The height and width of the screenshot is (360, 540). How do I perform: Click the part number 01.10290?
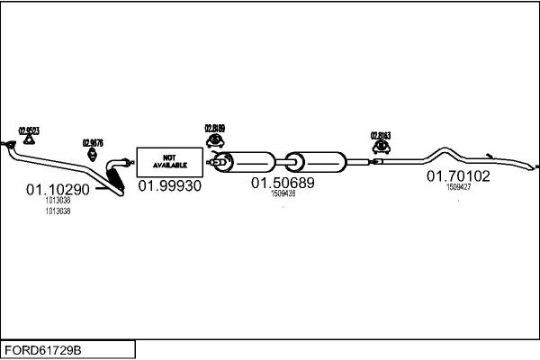tap(58, 190)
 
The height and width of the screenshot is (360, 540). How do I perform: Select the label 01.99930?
tap(169, 185)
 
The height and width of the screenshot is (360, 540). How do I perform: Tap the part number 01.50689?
tap(283, 183)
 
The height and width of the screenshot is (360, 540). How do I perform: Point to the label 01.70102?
tap(458, 176)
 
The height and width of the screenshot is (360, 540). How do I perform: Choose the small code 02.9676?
tap(93, 142)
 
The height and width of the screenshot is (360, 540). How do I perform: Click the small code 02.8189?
tap(215, 128)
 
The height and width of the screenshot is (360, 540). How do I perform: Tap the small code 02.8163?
tap(381, 136)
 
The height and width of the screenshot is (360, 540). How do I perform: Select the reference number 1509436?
tap(283, 193)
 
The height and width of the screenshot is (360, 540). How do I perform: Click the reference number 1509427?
tap(458, 187)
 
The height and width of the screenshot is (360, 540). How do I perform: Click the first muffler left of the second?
tap(247, 163)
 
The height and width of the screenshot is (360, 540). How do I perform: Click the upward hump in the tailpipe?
tap(443, 149)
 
